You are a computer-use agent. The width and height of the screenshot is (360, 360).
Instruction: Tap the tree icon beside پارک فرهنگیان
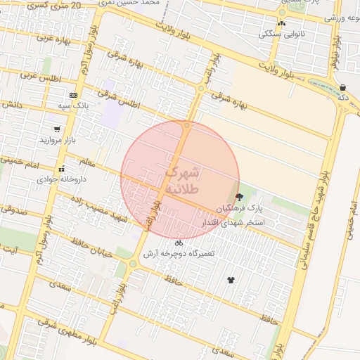[x=240, y=198]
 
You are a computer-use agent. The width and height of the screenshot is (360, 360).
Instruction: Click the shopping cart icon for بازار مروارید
[x=57, y=129]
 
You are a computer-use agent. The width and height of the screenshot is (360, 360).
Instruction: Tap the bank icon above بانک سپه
[x=73, y=95]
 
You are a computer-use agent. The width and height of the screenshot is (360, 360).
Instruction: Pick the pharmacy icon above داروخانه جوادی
[x=62, y=168]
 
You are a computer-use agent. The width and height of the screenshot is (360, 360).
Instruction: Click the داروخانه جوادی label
[x=58, y=179]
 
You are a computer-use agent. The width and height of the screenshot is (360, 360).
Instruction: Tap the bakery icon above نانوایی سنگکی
[x=282, y=22]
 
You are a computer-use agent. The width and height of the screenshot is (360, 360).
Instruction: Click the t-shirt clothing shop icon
[x=231, y=279]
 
